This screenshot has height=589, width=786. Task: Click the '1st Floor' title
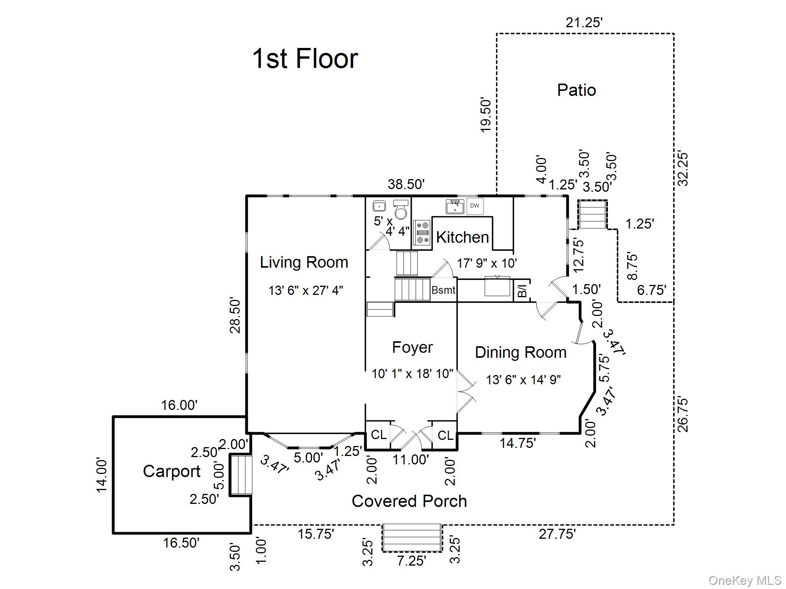tap(305, 59)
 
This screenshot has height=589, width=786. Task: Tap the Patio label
tap(576, 90)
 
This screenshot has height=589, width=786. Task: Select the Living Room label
tap(304, 262)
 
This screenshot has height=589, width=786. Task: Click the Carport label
tap(172, 471)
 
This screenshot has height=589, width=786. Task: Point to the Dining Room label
tap(520, 352)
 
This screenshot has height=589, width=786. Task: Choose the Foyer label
tap(412, 347)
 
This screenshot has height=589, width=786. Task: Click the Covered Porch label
tap(409, 501)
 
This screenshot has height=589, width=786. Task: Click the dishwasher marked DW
tap(475, 206)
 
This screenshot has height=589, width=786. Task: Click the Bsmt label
tap(443, 290)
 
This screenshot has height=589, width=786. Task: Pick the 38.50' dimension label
tap(406, 184)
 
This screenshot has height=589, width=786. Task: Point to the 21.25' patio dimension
tap(584, 23)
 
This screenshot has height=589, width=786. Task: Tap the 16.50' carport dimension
tap(181, 543)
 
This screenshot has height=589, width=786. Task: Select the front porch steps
tap(411, 538)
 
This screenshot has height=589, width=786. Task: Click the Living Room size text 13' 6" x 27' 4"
tap(305, 291)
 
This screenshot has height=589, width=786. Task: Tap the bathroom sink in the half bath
tap(379, 206)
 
